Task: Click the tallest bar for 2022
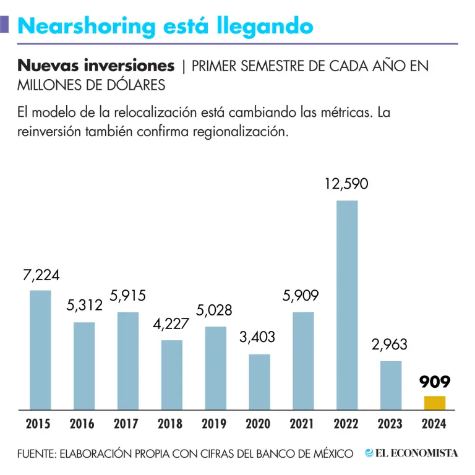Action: click(347, 304)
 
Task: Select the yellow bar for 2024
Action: click(434, 403)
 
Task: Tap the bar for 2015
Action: click(41, 349)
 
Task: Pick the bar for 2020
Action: click(260, 382)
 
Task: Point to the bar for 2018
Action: click(172, 374)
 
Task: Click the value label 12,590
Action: click(347, 184)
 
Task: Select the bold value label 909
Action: click(434, 382)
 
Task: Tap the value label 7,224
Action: click(41, 276)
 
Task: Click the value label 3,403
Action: click(257, 338)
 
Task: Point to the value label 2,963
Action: click(390, 345)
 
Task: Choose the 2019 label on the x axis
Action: click(215, 424)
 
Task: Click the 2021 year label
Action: click(302, 424)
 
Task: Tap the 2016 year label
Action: click(82, 424)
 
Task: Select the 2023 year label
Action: click(390, 424)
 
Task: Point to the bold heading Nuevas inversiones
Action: click(96, 66)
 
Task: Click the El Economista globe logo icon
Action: click(369, 453)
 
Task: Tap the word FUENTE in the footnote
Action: click(35, 454)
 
